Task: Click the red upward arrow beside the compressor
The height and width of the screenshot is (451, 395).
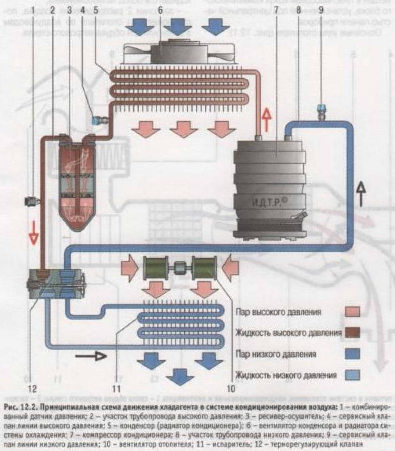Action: (267, 120)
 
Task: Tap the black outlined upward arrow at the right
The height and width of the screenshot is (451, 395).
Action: (360, 193)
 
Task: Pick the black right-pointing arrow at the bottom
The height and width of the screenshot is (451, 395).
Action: (91, 356)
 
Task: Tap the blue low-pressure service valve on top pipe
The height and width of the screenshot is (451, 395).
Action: (319, 109)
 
